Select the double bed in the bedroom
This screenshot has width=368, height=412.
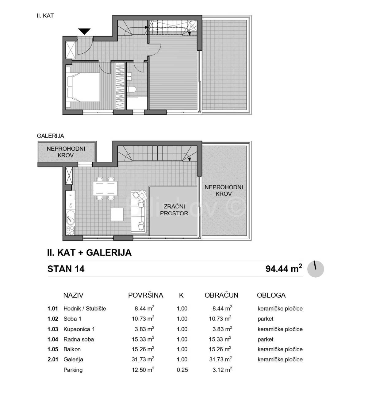tap(83, 87)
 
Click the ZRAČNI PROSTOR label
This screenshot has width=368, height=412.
tap(174, 210)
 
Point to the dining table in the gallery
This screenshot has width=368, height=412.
tap(105, 188)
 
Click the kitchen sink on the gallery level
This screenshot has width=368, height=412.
tap(71, 218)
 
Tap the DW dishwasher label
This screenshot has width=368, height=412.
tap(71, 205)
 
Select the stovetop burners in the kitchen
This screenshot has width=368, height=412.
tap(71, 231)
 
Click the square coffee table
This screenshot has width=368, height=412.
tap(117, 214)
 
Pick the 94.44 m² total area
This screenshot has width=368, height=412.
tap(284, 268)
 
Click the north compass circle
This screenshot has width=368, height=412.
tap(315, 269)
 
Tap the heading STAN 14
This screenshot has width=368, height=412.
tap(66, 269)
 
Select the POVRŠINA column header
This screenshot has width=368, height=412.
tap(146, 295)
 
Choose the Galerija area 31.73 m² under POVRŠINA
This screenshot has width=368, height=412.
tap(143, 359)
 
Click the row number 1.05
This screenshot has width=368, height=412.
tap(53, 349)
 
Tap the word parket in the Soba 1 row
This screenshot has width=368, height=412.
tap(265, 319)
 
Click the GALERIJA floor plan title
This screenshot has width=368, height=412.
tap(50, 136)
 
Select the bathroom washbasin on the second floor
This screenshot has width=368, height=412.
tap(129, 76)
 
